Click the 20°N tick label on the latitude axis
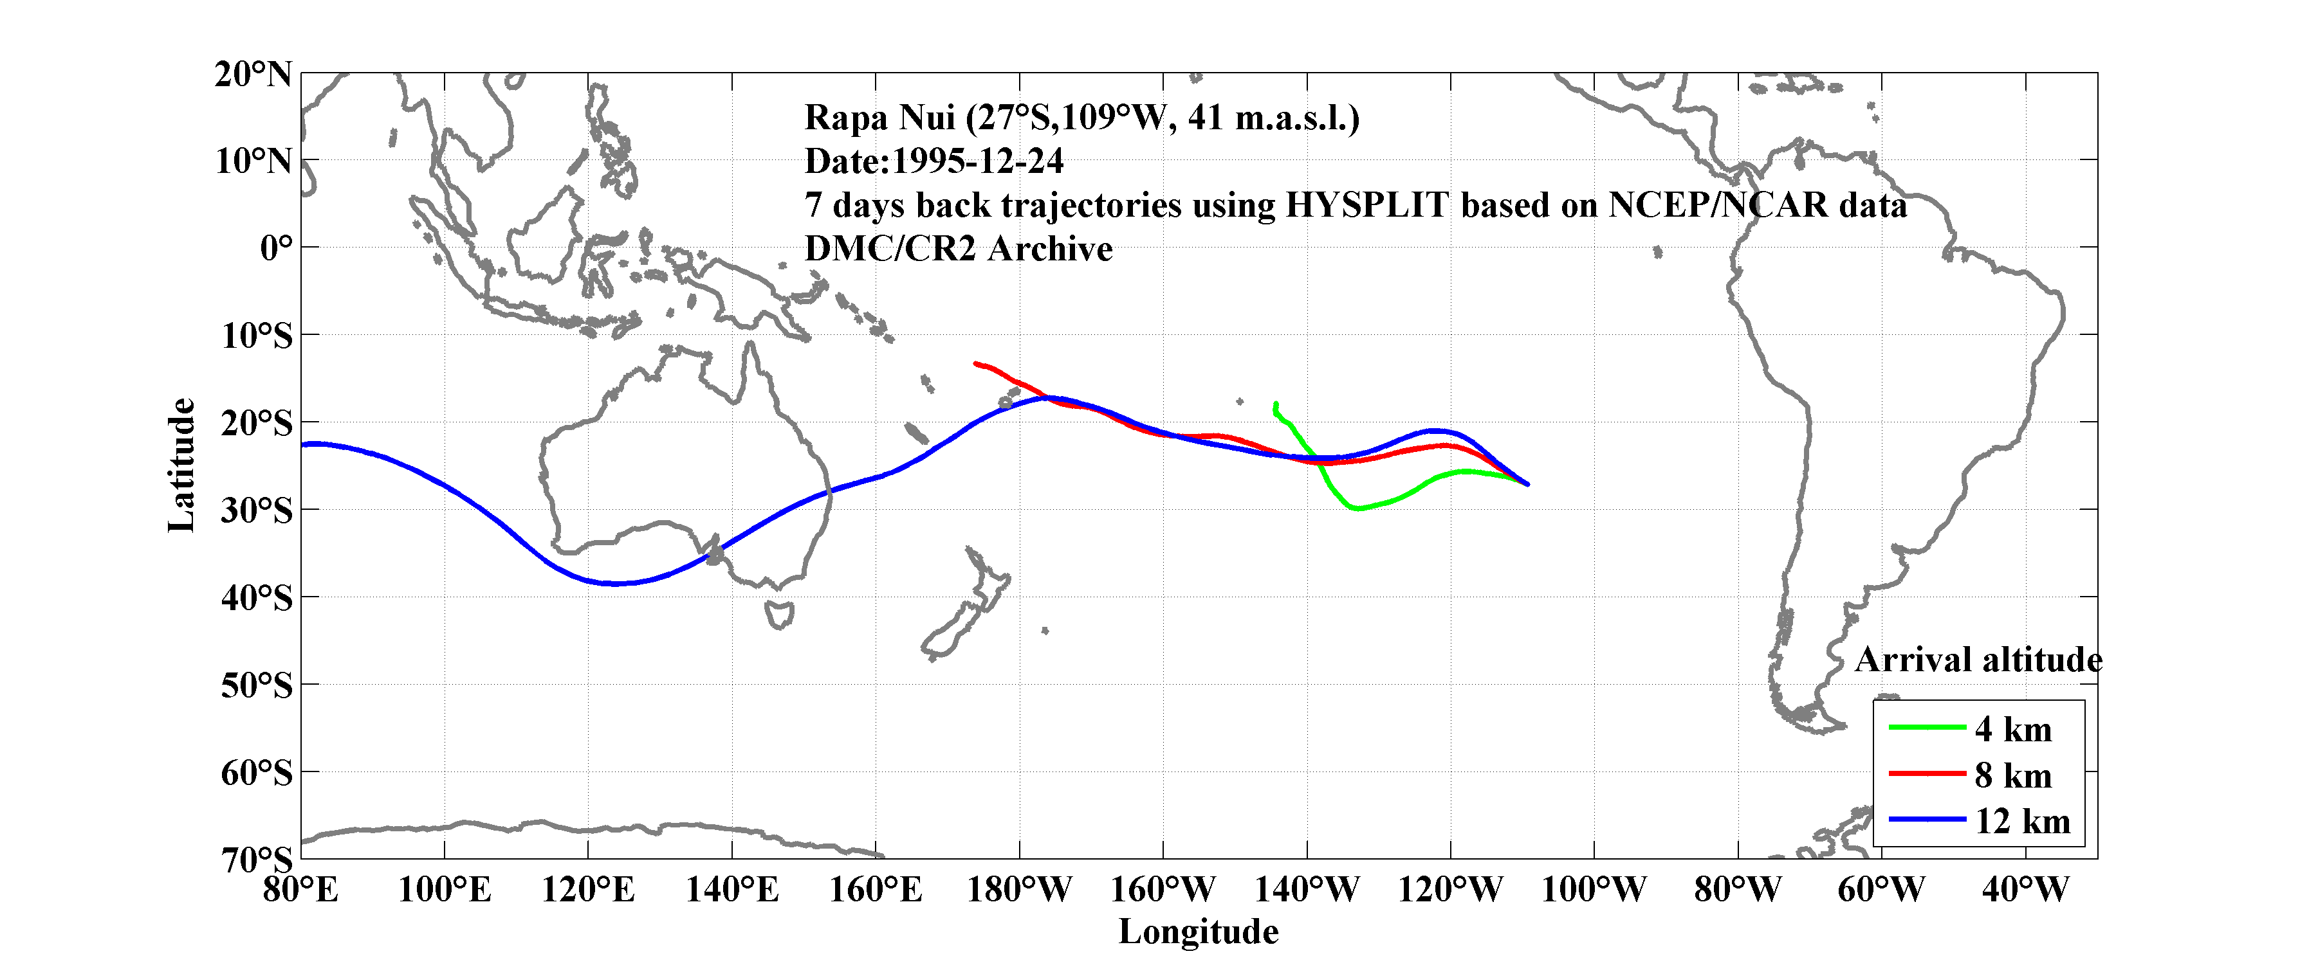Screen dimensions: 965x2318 253,74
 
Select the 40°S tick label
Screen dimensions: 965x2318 257,597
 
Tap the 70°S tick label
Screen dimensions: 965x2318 257,860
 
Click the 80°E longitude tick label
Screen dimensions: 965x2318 300,890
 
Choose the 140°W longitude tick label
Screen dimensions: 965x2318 1307,890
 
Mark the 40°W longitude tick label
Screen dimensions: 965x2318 2025,890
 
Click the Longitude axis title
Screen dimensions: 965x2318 1198,932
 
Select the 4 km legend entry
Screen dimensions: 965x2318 2013,729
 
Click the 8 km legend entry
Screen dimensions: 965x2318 2013,775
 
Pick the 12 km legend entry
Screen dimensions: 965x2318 2022,821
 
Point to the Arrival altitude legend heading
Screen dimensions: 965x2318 1978,660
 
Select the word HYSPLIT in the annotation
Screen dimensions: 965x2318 1366,205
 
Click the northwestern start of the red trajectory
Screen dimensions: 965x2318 977,363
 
